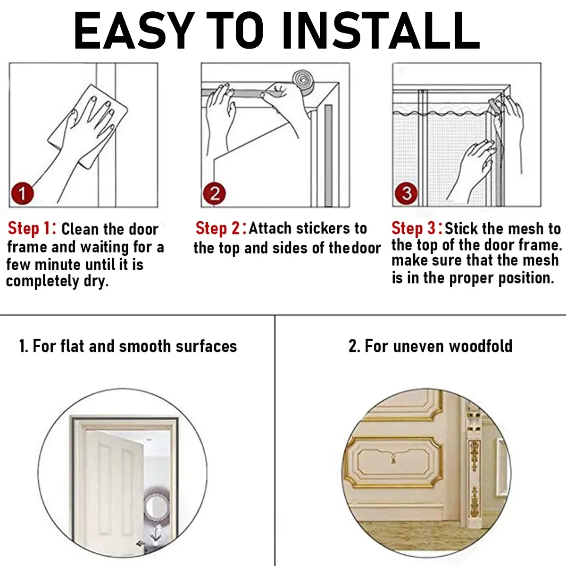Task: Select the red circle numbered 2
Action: tap(215, 193)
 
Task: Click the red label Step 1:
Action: tap(32, 229)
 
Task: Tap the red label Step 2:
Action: tap(221, 228)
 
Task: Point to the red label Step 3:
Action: tap(417, 229)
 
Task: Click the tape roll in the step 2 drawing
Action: tap(303, 81)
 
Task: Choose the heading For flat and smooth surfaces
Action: tap(128, 346)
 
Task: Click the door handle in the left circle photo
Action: tap(140, 543)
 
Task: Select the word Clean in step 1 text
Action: tap(81, 229)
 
